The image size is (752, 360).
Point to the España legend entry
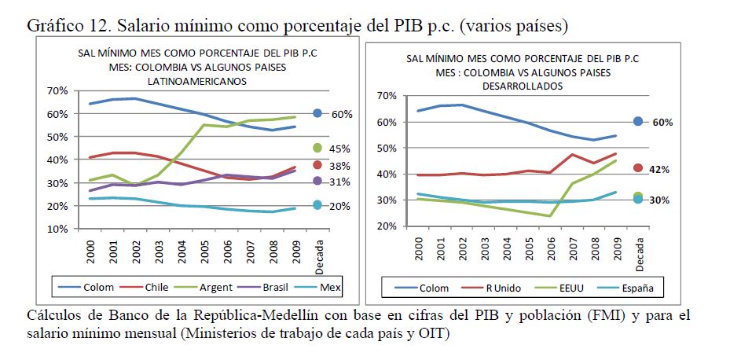click(x=637, y=288)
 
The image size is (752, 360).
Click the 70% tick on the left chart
click(x=58, y=91)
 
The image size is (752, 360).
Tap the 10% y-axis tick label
click(x=58, y=230)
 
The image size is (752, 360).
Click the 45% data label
click(x=339, y=149)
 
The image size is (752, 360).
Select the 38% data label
click(x=339, y=166)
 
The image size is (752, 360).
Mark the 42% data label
click(x=658, y=169)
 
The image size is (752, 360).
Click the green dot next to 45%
click(x=317, y=147)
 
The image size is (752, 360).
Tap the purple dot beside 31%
click(x=317, y=181)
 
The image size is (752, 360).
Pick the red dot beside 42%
click(x=638, y=168)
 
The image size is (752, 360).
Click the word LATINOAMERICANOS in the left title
click(x=197, y=80)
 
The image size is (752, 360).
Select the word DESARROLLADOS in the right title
click(x=523, y=85)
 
